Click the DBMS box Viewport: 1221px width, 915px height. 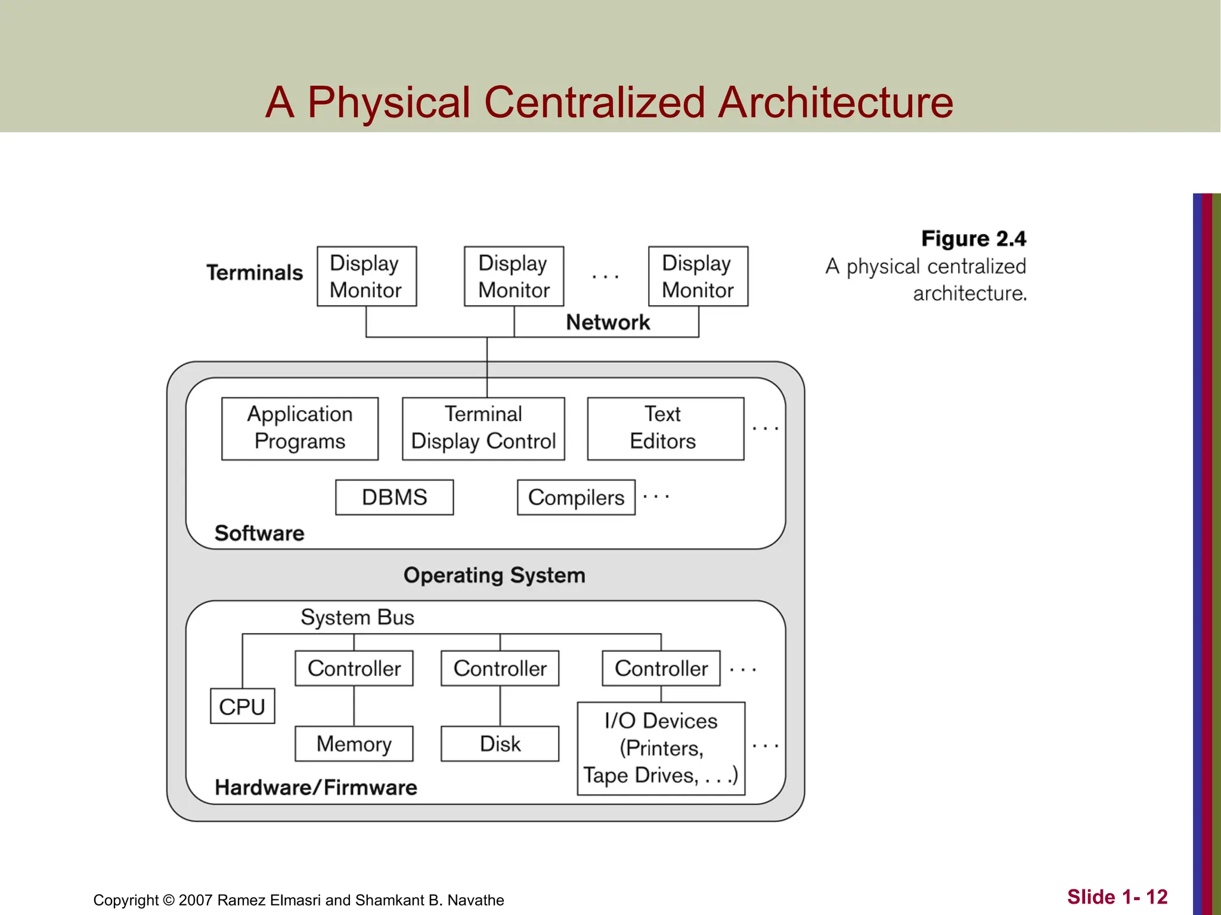[394, 497]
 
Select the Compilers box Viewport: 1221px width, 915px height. [576, 497]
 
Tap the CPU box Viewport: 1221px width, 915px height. [242, 707]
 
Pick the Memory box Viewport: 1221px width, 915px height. [354, 743]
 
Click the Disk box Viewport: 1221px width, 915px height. [500, 743]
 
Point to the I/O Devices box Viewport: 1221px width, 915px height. [661, 748]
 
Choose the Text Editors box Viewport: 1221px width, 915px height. [665, 428]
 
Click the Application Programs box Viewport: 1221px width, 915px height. [300, 428]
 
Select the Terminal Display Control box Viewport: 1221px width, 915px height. [483, 428]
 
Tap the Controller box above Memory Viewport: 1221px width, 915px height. [354, 668]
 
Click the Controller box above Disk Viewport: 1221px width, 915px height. [500, 668]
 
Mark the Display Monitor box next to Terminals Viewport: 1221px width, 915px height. [366, 276]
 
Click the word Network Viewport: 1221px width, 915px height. [608, 322]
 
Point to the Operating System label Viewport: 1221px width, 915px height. [494, 575]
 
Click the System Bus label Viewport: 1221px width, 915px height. [357, 617]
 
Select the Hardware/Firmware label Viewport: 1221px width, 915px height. [315, 788]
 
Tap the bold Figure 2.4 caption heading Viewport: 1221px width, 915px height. [973, 239]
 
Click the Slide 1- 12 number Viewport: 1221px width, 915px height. [1117, 897]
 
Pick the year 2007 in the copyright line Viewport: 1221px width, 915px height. [196, 900]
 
